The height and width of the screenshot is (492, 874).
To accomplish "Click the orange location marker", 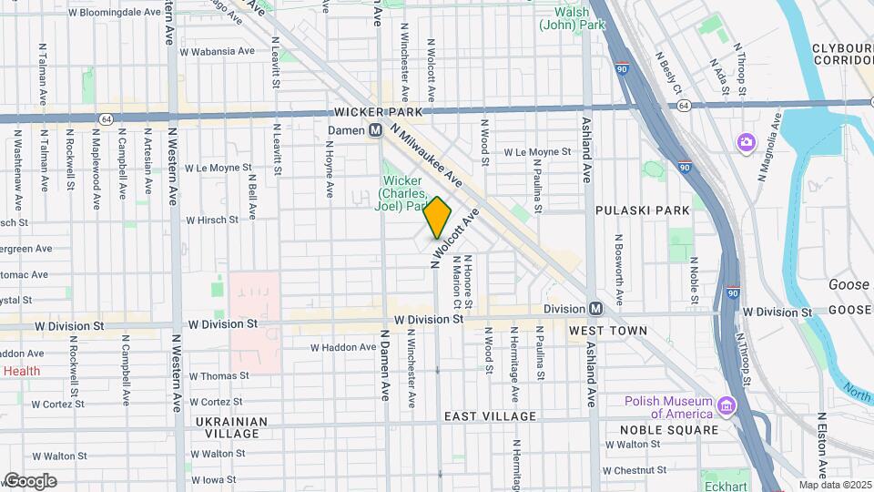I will pyautogui.click(x=438, y=218).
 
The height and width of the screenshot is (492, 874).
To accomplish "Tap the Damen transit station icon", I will pyautogui.click(x=374, y=131).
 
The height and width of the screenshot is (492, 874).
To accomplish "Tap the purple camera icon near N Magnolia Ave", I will pyautogui.click(x=746, y=142).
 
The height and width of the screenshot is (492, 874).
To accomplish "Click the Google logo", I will pyautogui.click(x=30, y=480).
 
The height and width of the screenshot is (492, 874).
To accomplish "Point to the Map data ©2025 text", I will pyautogui.click(x=834, y=485).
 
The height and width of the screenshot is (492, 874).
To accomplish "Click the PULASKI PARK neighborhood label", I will pyautogui.click(x=642, y=210).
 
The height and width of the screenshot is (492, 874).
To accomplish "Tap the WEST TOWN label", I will pyautogui.click(x=608, y=331).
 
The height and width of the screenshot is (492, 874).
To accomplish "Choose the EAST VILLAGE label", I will pyautogui.click(x=490, y=416).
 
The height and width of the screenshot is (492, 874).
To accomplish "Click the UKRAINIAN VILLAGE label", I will pyautogui.click(x=231, y=427).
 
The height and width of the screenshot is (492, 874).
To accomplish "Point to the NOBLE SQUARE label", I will pyautogui.click(x=669, y=430).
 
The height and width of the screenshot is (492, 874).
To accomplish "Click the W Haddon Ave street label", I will pyautogui.click(x=342, y=347).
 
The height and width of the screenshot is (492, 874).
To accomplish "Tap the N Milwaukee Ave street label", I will pyautogui.click(x=426, y=156).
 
